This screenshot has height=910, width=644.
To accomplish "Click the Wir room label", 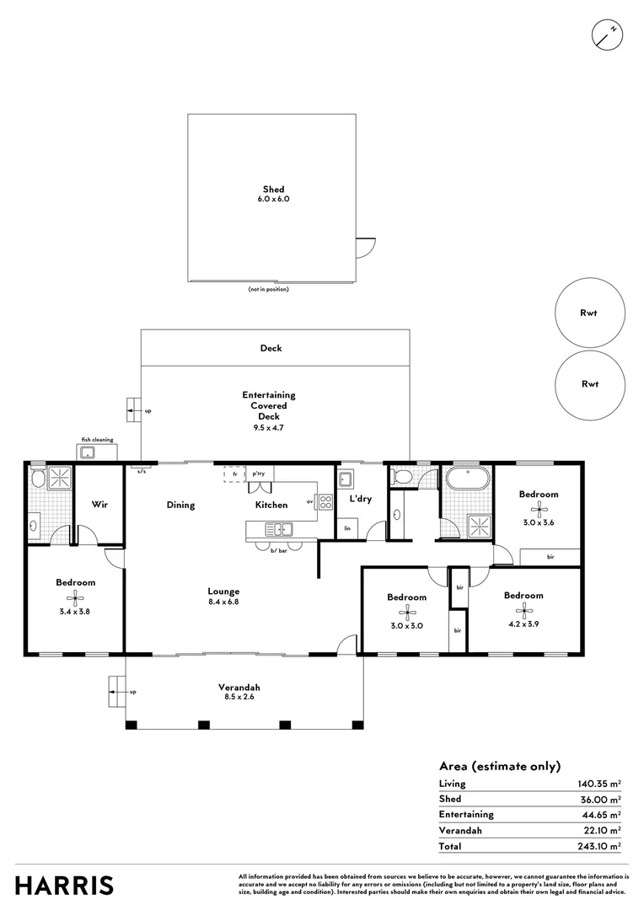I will (98, 506).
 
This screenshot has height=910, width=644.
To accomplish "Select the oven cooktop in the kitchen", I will (325, 503).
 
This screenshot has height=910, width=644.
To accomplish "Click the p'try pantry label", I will (259, 474).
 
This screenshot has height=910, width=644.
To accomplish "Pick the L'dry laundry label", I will (360, 499).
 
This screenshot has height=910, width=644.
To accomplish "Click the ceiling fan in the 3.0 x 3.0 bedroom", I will (407, 612).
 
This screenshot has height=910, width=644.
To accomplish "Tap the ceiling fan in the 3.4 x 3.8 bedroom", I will (76, 597).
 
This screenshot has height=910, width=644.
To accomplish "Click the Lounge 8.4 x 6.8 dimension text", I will (225, 602).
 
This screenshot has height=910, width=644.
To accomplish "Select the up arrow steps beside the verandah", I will (116, 692).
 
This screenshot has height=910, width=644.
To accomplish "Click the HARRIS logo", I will (64, 886).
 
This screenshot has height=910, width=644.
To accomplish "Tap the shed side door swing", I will (362, 246).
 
